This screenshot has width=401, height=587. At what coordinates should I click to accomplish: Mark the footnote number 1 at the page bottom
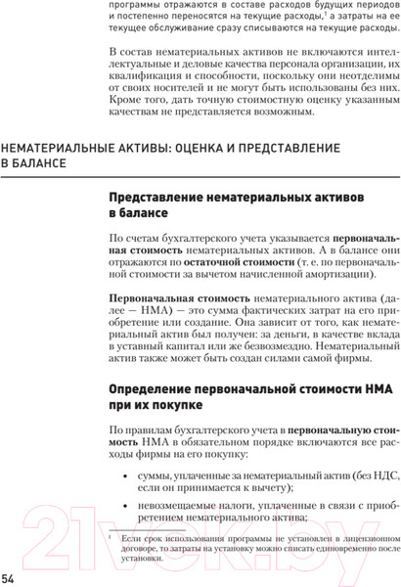[x=113, y=537]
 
